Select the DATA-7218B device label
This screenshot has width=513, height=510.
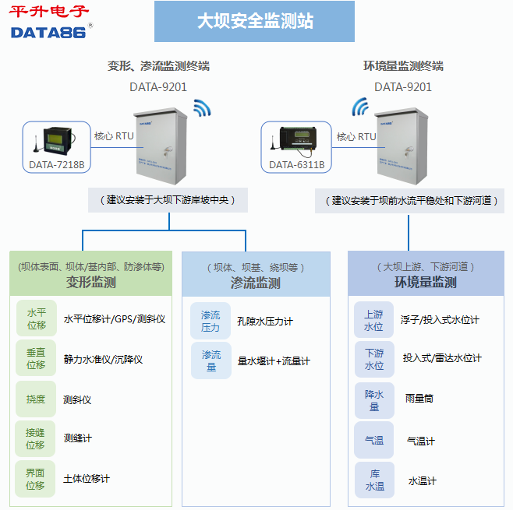56,164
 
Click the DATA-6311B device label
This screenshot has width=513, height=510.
296,164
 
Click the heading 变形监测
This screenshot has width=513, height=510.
90,282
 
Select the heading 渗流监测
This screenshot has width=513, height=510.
256,283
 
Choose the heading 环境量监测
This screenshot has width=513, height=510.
426,282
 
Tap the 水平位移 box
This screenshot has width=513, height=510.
36,318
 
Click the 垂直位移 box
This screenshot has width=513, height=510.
36,358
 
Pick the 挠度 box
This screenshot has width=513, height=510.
36,399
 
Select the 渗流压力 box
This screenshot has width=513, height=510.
211,321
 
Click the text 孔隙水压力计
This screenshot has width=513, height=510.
265,321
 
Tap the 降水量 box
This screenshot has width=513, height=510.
374,399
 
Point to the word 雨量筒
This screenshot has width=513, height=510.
419,398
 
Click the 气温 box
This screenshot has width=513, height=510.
374,440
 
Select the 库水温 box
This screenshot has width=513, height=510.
374,480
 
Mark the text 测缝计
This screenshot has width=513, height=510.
78,438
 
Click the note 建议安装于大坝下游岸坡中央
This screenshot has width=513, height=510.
168,199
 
